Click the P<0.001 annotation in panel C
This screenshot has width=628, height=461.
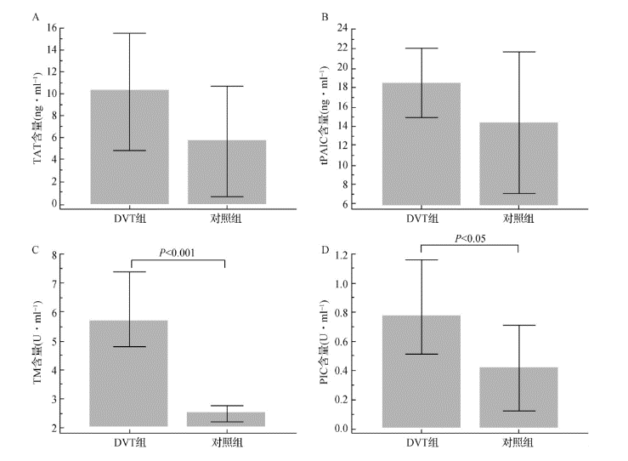[x=178, y=252]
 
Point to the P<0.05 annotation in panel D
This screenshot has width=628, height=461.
[x=469, y=238]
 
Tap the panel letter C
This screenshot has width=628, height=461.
[x=34, y=250]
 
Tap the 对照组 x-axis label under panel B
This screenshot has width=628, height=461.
[x=518, y=219]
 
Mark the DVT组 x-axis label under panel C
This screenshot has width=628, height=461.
[x=129, y=442]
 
